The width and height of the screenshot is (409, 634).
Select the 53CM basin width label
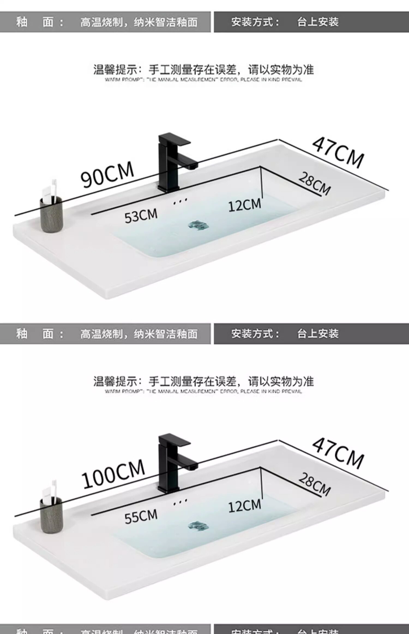[141, 216]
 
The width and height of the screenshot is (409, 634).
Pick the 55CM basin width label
[141, 516]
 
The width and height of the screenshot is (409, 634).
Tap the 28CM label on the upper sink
[314, 183]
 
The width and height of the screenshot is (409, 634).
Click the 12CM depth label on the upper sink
[245, 205]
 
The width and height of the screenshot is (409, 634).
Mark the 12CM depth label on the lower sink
[245, 506]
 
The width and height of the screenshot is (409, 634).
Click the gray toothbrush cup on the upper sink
[52, 214]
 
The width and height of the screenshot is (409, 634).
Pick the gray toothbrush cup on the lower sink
[52, 515]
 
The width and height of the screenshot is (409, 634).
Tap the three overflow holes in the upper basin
[180, 201]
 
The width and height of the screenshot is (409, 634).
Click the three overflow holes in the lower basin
[180, 502]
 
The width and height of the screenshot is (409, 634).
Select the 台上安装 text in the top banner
[318, 22]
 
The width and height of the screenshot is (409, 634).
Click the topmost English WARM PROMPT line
[203, 80]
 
